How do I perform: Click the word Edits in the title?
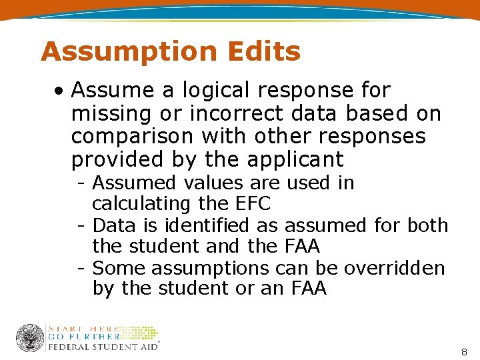[263, 51]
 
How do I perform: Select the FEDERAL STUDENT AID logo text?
[103, 347]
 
